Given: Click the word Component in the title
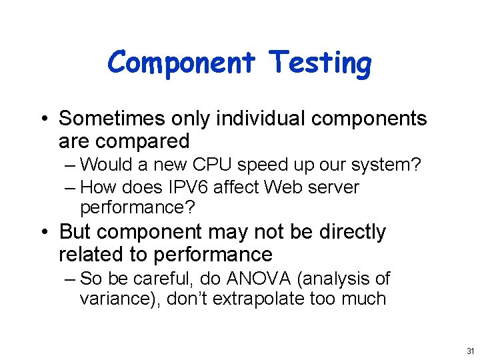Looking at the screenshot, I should click(181, 63).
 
